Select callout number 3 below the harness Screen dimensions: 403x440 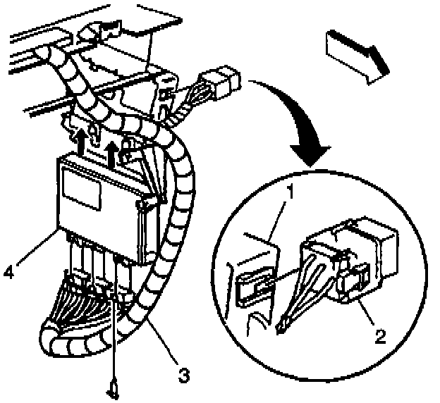coord(183,374)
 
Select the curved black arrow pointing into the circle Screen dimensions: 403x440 coord(296,120)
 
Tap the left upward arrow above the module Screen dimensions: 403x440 coord(82,140)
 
